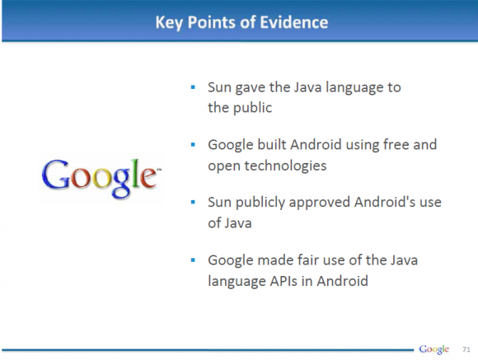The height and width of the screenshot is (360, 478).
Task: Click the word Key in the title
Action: tap(170, 22)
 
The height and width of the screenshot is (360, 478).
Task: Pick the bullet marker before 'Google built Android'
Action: tap(192, 145)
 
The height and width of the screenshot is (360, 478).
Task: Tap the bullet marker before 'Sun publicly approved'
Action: tap(192, 203)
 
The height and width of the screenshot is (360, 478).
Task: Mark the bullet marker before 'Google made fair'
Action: tap(192, 260)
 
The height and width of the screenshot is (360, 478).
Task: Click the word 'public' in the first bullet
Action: tap(251, 107)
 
